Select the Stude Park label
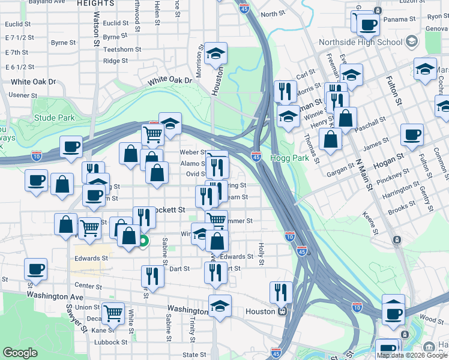click(55, 118)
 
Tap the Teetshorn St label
click(122, 50)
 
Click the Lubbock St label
click(112, 343)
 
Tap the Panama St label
click(402, 19)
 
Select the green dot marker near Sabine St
click(143, 242)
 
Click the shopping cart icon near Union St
click(113, 313)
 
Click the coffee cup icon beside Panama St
click(368, 25)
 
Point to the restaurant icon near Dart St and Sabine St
click(152, 276)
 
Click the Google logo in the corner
click(20, 353)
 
